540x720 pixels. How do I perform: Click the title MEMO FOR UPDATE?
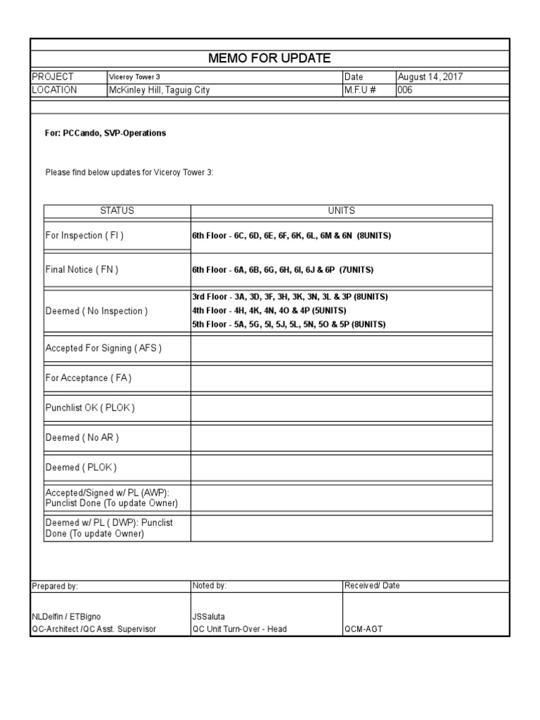point(269,58)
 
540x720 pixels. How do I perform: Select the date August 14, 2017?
point(430,77)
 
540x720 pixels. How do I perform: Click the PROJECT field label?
point(53,77)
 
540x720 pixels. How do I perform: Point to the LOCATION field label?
point(55,90)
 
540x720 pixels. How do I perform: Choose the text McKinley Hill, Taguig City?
point(158,90)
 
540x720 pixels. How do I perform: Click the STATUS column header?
point(117,211)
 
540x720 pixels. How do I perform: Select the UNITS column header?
point(341,211)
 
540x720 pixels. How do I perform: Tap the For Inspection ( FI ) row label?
point(84,236)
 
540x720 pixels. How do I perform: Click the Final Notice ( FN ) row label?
point(82,270)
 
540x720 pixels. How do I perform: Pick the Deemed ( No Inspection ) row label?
point(96,311)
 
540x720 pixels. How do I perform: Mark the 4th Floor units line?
point(269,311)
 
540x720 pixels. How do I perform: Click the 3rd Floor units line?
point(290,297)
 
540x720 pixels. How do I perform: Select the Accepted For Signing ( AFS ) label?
point(103,348)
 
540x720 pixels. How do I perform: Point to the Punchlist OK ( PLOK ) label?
point(90,408)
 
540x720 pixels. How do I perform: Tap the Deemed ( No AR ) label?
point(82,437)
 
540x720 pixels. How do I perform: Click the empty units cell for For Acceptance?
point(341,378)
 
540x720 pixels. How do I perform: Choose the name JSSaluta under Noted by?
point(209,617)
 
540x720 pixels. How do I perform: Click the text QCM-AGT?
point(364,629)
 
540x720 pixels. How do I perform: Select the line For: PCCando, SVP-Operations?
point(105,133)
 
